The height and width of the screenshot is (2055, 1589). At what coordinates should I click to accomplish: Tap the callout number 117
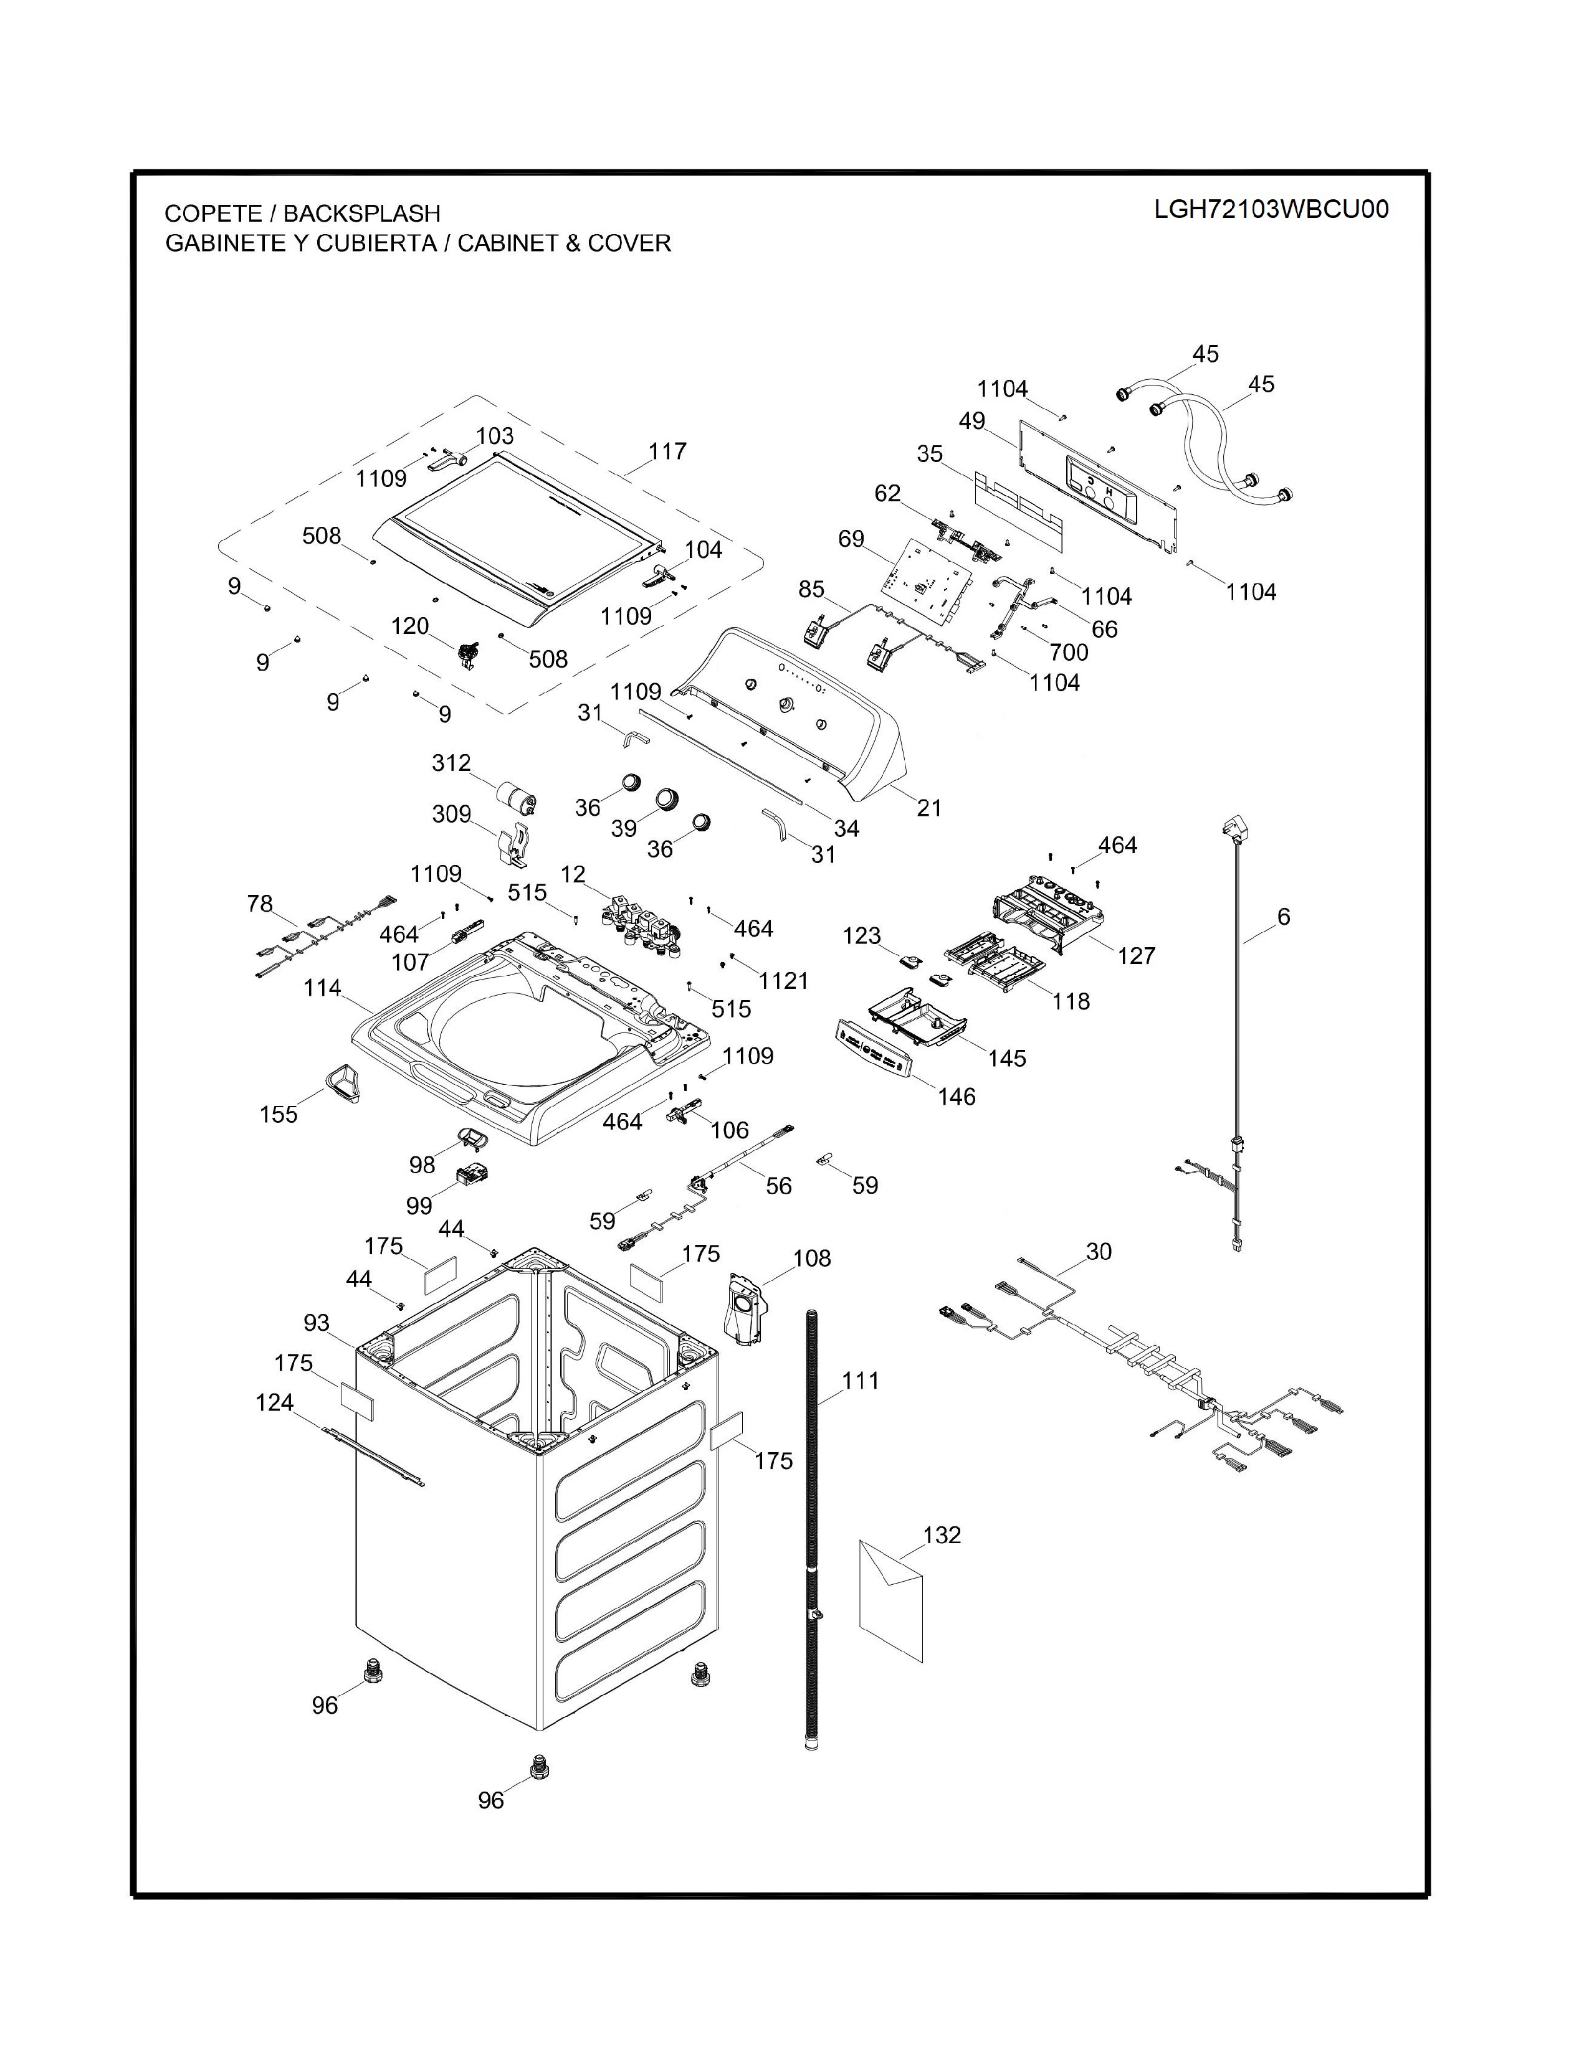click(x=667, y=451)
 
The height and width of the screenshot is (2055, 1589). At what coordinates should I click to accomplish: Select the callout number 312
click(x=451, y=763)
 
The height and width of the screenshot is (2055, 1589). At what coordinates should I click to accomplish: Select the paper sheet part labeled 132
click(x=892, y=1600)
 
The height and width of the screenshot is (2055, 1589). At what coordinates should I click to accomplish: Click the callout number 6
click(x=1284, y=917)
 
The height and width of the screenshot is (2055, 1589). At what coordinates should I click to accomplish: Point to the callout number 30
click(x=1099, y=1252)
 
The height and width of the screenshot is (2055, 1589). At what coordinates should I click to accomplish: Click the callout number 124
click(x=275, y=1403)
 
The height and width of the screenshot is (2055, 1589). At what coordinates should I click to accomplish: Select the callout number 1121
click(x=784, y=981)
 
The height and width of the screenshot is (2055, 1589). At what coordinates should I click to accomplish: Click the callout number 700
click(x=1069, y=652)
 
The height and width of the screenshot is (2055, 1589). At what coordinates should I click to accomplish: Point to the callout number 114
click(x=322, y=989)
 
